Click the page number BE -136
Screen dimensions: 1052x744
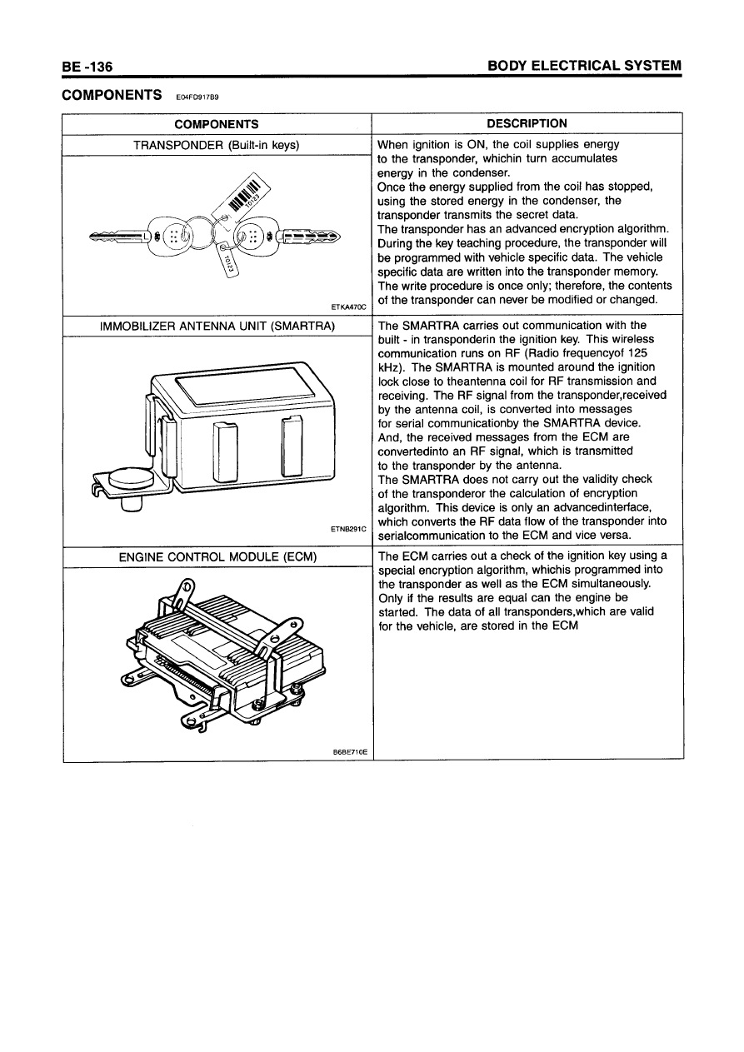(87, 66)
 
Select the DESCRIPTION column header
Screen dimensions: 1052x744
(527, 124)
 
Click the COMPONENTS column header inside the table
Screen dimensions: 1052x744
(216, 124)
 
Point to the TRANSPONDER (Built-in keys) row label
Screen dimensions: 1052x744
(217, 145)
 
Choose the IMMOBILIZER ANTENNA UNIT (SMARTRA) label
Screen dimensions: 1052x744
(216, 325)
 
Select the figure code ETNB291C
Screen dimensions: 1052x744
(348, 528)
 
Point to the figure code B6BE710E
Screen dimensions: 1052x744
(350, 752)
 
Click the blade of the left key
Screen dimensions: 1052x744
(117, 237)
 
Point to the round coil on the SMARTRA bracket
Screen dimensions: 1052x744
(132, 479)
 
